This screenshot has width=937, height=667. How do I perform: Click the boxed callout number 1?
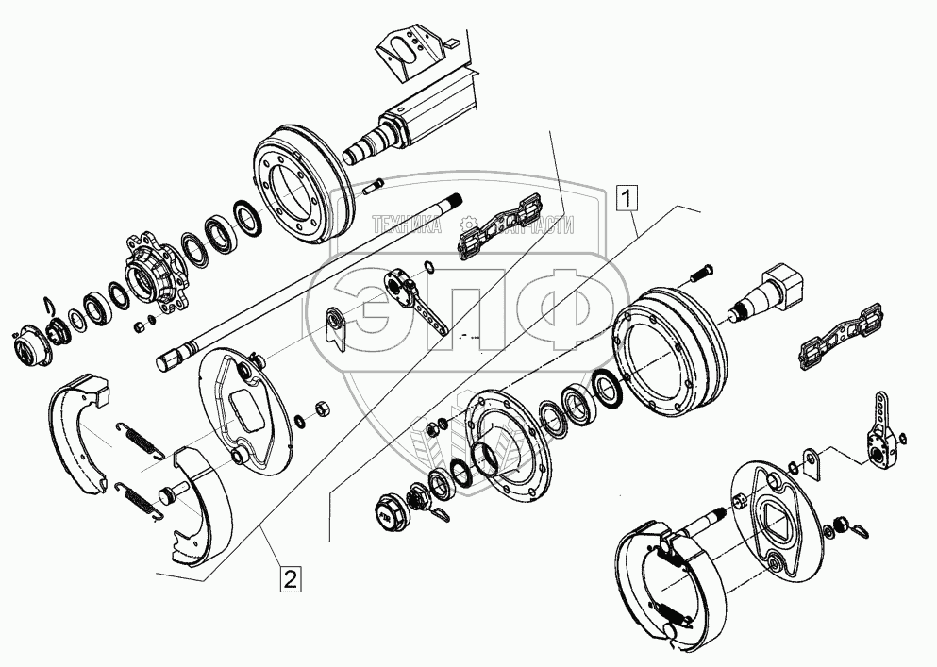627,198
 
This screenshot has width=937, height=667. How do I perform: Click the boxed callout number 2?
290,578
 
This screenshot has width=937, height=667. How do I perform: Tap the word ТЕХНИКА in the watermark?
408,225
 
